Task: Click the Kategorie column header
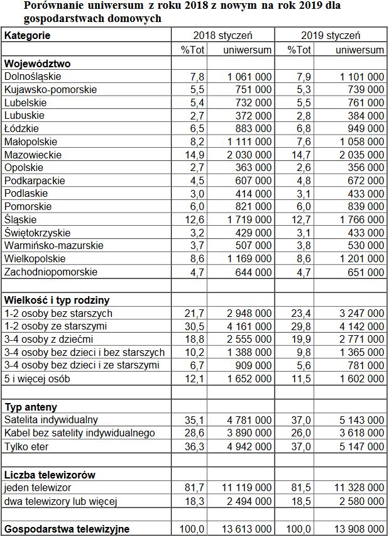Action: point(28,35)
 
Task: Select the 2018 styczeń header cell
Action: point(224,35)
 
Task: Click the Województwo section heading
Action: point(37,64)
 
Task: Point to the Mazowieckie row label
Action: point(33,155)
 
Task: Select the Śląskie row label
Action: point(21,220)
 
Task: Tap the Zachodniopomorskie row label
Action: point(51,272)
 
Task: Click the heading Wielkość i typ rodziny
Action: point(57,301)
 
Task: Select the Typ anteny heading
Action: point(31,407)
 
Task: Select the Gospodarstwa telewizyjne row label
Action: point(67,529)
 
